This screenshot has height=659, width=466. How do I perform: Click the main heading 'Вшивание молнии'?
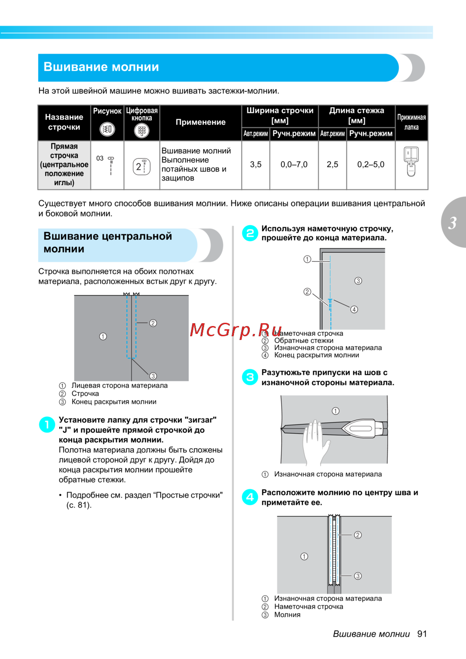(101, 67)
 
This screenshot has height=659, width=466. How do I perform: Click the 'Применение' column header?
(200, 122)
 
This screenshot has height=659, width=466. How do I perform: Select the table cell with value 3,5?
(255, 165)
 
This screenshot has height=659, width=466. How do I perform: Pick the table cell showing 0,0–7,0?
(294, 165)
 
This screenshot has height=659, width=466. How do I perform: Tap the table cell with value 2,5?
(332, 165)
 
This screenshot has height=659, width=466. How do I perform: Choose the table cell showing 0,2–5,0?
(370, 165)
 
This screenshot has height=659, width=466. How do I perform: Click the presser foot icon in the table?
(411, 161)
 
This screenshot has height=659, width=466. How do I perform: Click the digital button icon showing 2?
(142, 166)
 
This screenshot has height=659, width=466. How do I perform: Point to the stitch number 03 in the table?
(100, 159)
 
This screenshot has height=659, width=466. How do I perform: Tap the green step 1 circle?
(47, 424)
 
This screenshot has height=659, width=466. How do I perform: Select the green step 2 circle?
(250, 233)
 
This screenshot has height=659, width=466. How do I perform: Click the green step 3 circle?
(250, 377)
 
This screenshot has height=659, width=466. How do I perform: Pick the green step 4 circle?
(250, 497)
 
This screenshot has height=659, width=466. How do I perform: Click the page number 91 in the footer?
(422, 634)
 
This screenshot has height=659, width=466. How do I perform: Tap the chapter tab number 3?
(452, 223)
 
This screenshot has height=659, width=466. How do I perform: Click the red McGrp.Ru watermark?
(236, 330)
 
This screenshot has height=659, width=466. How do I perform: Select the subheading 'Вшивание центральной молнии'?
(108, 243)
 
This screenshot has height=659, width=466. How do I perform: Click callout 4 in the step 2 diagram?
(354, 310)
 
